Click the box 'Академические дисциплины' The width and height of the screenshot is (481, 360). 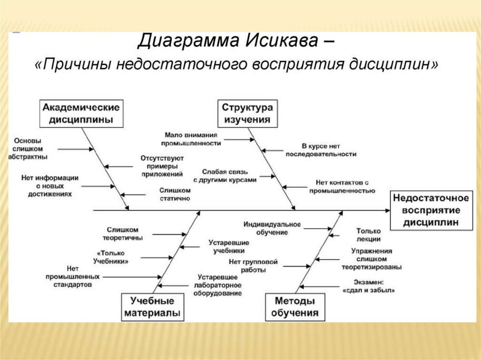pyautogui.click(x=81, y=113)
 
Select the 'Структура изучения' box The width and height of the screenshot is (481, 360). pyautogui.click(x=247, y=113)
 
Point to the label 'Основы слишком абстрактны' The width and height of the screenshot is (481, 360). pyautogui.click(x=28, y=149)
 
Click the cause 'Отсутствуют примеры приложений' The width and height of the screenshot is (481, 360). pyautogui.click(x=162, y=166)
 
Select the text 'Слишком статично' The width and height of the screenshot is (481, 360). pyautogui.click(x=174, y=194)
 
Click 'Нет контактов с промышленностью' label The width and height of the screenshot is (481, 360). pyautogui.click(x=341, y=186)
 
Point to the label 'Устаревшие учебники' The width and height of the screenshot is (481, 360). pyautogui.click(x=229, y=247)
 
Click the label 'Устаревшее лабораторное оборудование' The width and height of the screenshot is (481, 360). pyautogui.click(x=219, y=285)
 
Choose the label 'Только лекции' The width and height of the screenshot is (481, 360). pyautogui.click(x=368, y=235)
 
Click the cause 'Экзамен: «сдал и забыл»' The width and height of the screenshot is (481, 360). pyautogui.click(x=369, y=286)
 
